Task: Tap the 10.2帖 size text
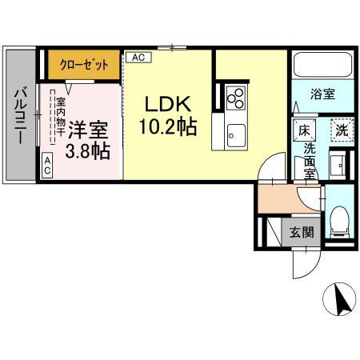[169, 127]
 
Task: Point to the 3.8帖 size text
[89, 150]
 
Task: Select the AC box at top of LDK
[138, 58]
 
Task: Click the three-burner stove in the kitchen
[235, 97]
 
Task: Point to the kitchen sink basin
[235, 132]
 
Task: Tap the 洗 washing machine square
[341, 129]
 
